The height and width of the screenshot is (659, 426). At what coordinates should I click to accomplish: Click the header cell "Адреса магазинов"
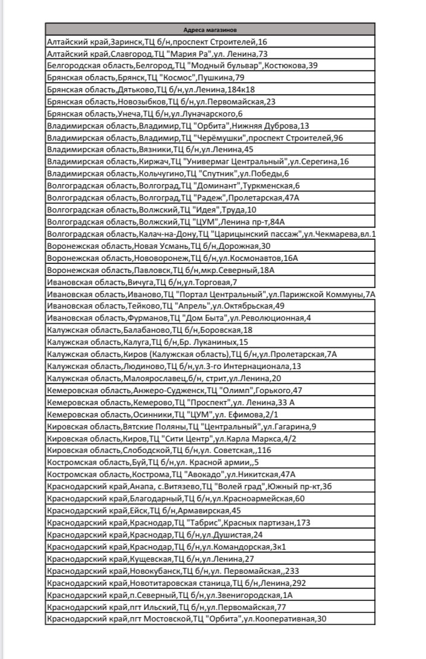(x=210, y=29)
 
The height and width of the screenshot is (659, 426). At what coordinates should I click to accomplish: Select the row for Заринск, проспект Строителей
(x=157, y=42)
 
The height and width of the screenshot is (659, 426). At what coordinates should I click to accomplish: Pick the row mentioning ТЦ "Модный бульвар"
(x=182, y=65)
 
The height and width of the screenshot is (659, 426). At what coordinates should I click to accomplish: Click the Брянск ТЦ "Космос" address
(x=145, y=77)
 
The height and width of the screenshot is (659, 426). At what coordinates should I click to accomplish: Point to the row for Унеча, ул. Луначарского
(x=144, y=113)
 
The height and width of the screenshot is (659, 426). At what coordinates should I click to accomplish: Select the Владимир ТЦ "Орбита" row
(x=178, y=125)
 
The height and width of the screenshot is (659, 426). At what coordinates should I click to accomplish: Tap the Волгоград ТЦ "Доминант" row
(x=173, y=185)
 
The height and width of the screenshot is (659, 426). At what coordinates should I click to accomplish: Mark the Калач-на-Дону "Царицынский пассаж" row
(x=211, y=234)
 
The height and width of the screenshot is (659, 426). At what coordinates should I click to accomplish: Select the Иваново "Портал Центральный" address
(x=211, y=294)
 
